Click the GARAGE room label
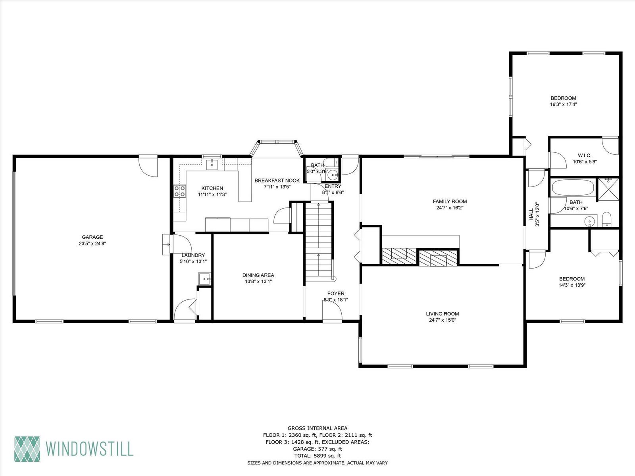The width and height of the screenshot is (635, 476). coord(92,237)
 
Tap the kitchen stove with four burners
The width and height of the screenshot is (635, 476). coord(180,191)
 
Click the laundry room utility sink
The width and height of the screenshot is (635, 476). coord(204,279)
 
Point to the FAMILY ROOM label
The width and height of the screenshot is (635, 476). coord(450,202)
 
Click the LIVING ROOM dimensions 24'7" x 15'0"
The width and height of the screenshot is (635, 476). coord(443,320)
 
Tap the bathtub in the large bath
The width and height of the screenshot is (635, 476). coord(573,188)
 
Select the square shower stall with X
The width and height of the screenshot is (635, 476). coord(608,189)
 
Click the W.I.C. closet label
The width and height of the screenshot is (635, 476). coord(585,155)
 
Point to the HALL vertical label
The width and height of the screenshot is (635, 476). coord(531,215)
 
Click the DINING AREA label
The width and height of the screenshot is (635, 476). coord(258,275)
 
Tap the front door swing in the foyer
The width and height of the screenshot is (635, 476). coord(332,310)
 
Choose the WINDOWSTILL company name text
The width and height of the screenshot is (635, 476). coord(90,449)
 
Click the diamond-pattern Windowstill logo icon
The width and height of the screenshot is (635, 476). coord(27,449)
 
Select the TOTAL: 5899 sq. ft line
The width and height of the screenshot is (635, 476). coord(317,456)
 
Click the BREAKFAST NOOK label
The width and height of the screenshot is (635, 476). coord(277,180)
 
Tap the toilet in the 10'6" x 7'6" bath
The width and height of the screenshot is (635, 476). coord(607,219)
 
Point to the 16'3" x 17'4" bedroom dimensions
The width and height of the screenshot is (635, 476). coord(563,104)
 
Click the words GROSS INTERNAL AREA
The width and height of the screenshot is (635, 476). coord(317,428)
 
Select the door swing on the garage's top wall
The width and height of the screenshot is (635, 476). coord(148,166)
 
